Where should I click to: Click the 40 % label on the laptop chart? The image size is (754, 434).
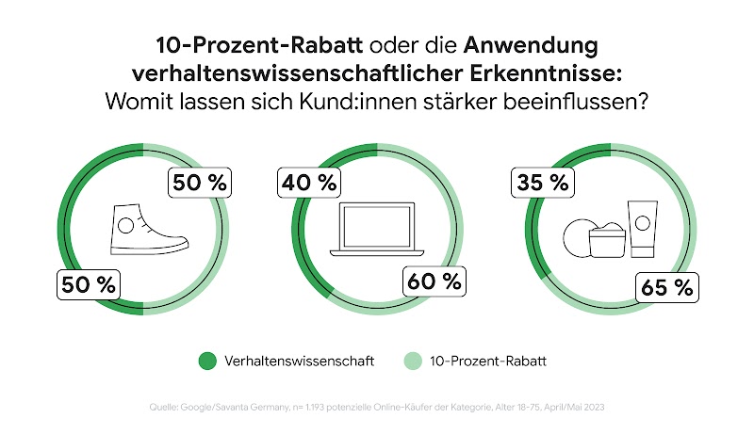tap(307, 183)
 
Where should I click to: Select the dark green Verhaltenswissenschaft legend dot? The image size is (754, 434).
tap(207, 361)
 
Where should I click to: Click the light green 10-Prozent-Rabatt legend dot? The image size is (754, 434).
tap(412, 361)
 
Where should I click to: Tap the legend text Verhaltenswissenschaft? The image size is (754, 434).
tap(300, 361)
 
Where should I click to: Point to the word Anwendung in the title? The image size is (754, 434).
tap(531, 45)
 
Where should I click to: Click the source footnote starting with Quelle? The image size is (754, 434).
tap(377, 407)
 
